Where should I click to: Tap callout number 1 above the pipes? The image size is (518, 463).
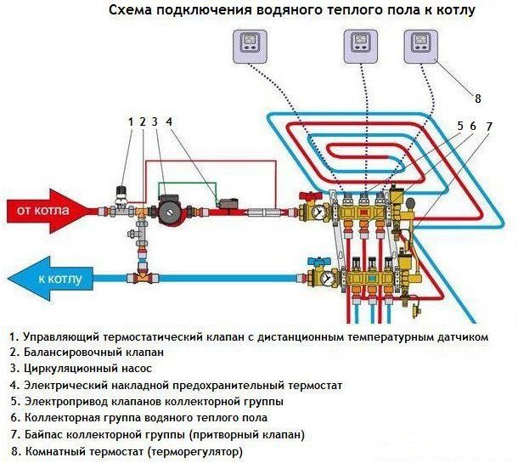tap(131, 121)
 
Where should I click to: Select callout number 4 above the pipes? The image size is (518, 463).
tap(169, 121)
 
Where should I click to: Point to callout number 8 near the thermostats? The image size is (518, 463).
tap(477, 99)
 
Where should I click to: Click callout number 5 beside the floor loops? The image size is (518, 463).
tap(459, 126)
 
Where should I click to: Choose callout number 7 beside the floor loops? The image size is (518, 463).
tap(488, 126)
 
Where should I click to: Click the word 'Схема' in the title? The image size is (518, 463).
tap(133, 11)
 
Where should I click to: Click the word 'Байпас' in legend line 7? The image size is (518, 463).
tap(42, 434)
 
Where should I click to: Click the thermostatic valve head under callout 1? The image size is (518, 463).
tap(122, 193)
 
